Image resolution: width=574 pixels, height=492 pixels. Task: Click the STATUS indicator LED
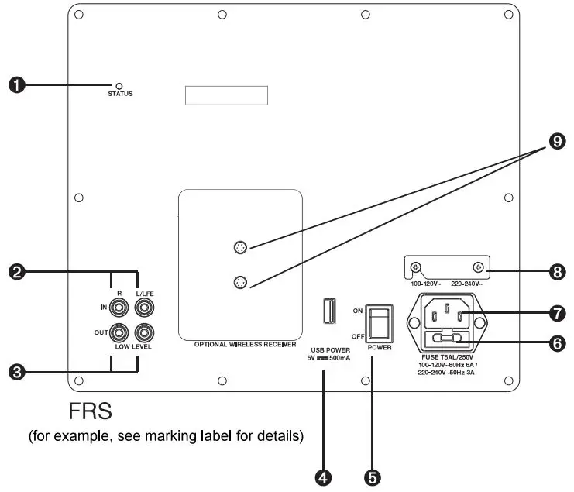[119, 85]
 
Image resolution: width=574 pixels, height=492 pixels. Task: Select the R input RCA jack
[120, 308]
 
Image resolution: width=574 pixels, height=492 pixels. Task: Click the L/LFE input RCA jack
[144, 308]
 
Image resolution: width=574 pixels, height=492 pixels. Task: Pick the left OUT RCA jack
[120, 333]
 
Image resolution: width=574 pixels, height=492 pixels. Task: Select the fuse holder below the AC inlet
[445, 338]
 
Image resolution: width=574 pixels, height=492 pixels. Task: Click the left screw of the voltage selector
[415, 268]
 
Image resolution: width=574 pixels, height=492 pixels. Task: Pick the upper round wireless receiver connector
[241, 248]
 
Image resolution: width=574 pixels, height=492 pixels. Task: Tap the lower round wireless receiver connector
[241, 282]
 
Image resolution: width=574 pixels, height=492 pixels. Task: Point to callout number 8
[556, 272]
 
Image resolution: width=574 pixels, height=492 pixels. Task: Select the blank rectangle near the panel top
[226, 95]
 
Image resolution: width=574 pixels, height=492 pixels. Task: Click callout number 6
[556, 340]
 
